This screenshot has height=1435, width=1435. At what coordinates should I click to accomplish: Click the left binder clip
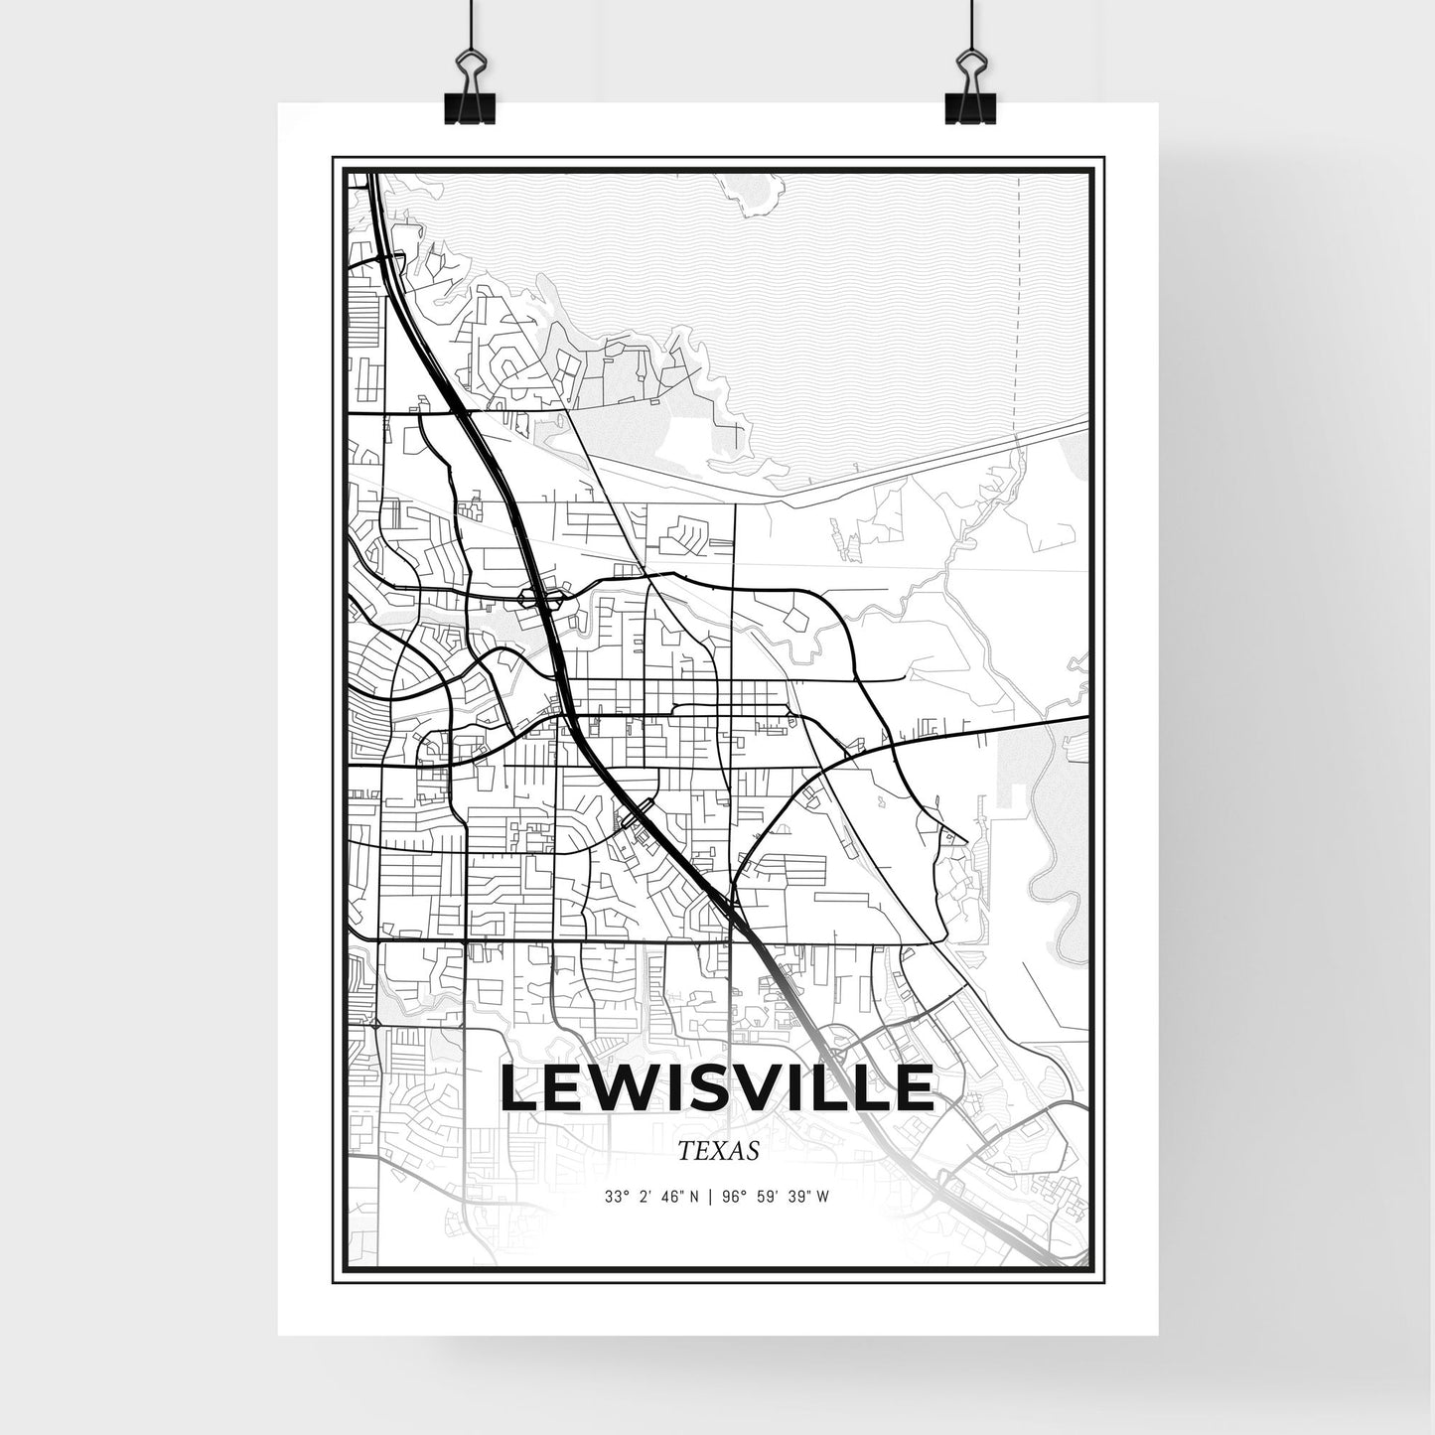pos(469,89)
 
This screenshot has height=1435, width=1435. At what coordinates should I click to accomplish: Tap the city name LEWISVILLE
pos(717,1088)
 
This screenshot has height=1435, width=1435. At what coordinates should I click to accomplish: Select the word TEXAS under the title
pos(718,1151)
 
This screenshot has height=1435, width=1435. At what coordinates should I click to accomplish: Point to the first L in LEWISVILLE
pos(520,1088)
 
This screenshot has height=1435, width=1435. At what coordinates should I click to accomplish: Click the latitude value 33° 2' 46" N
pos(650,1197)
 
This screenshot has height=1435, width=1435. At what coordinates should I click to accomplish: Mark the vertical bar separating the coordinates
pos(708,1197)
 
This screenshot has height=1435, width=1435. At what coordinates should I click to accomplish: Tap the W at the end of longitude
pos(823,1197)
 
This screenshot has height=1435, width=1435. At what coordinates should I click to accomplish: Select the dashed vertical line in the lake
pos(1017,328)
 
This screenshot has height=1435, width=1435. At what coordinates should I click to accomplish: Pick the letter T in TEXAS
pos(685,1151)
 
